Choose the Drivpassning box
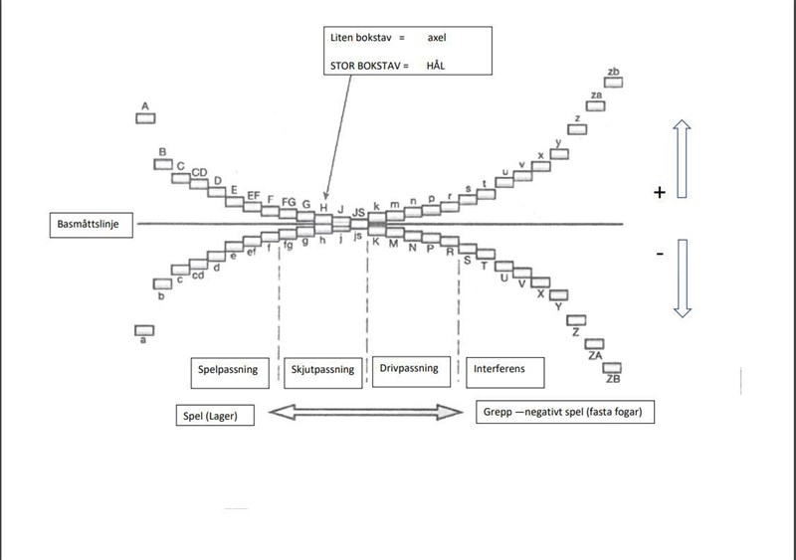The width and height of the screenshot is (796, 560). pyautogui.click(x=411, y=370)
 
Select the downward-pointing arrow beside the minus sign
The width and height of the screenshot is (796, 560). pyautogui.click(x=682, y=279)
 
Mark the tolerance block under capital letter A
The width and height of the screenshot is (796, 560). pyautogui.click(x=145, y=118)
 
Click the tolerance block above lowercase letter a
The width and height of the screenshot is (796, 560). pyautogui.click(x=145, y=330)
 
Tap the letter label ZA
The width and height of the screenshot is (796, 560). pyautogui.click(x=596, y=355)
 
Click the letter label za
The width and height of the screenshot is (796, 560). pyautogui.click(x=595, y=95)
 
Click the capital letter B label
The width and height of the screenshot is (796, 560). pyautogui.click(x=160, y=152)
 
